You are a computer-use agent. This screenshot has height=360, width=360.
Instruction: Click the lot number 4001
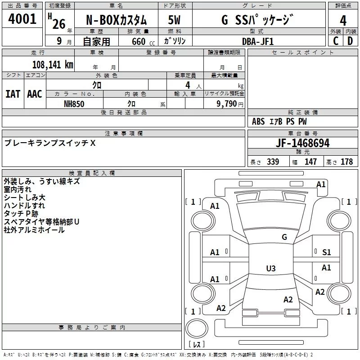(22, 19)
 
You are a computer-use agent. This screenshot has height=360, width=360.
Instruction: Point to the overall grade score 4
(343, 21)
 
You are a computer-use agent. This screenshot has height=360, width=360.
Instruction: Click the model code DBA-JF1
(257, 41)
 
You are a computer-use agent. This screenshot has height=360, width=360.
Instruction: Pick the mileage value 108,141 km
(53, 64)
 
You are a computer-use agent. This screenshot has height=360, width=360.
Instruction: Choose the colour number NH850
(74, 103)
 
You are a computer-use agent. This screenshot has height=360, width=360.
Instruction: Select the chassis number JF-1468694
(302, 143)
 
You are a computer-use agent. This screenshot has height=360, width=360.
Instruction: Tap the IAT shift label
(13, 94)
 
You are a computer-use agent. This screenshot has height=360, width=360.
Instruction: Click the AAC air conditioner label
(35, 94)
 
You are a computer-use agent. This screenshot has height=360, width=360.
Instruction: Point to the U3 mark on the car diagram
(270, 268)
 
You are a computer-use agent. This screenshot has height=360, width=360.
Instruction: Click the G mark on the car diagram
(284, 237)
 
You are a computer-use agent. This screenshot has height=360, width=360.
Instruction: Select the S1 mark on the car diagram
(326, 252)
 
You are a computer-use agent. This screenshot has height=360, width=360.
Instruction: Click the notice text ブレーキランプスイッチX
(50, 143)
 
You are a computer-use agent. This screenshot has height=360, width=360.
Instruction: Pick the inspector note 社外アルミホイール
(34, 230)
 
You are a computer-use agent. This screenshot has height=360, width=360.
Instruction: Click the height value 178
(346, 162)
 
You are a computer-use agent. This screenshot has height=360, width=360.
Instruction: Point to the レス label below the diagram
(196, 344)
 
